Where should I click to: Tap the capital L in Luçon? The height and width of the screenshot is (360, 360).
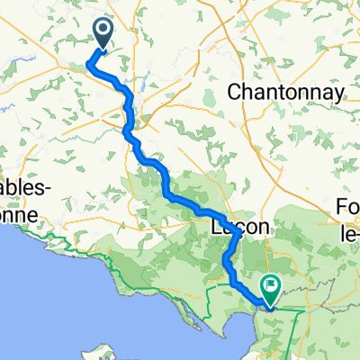click(x=216, y=228)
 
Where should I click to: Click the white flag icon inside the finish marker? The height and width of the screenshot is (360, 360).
click(x=269, y=283)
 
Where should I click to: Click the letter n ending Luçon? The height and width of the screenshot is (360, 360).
click(x=263, y=229)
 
